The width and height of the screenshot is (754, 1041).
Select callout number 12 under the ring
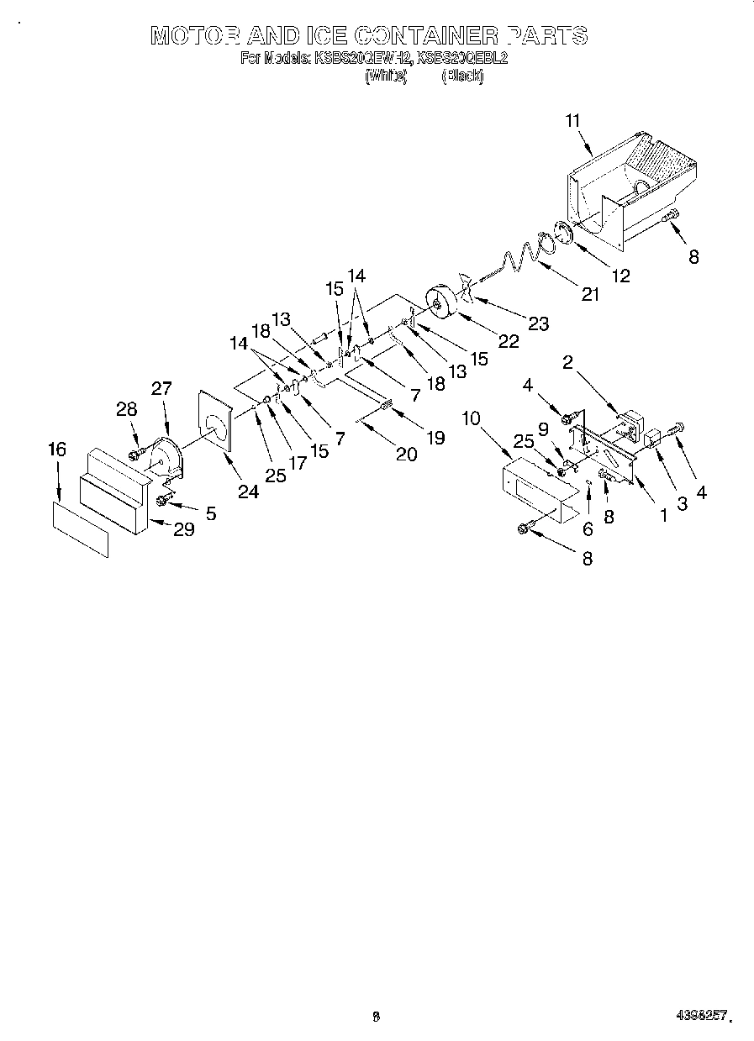[620, 275]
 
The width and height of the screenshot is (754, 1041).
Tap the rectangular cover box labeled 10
[538, 492]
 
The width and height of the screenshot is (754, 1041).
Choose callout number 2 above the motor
[568, 362]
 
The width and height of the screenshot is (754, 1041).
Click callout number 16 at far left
[56, 450]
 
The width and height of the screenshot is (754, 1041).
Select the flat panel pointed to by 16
[81, 529]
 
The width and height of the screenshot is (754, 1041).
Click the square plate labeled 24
[215, 420]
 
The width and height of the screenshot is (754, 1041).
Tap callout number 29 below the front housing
[183, 528]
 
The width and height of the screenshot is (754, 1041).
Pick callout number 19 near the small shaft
[435, 438]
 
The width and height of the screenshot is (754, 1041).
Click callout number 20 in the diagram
[406, 454]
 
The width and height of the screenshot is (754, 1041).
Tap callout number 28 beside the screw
[126, 409]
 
